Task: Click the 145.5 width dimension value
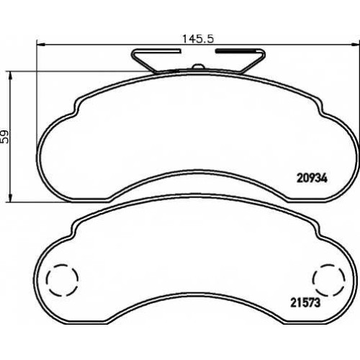198,39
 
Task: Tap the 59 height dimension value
5,137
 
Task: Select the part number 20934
312,179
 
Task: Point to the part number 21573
305,303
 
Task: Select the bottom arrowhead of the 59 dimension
10,197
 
